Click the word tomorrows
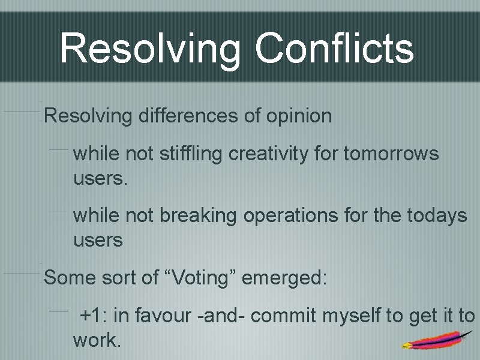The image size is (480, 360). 391,154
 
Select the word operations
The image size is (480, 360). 291,216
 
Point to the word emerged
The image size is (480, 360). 285,278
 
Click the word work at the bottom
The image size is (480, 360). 97,341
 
